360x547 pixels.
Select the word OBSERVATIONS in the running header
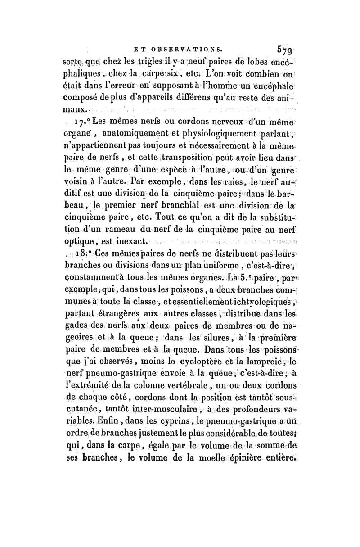(185, 46)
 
